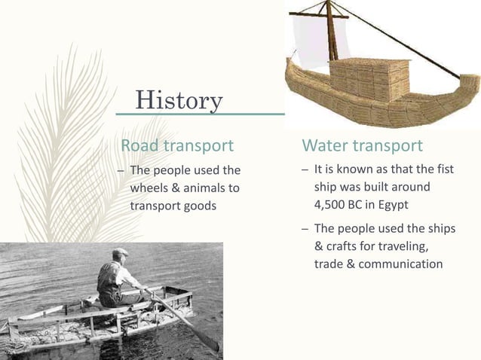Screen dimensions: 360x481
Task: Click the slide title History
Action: pyautogui.click(x=179, y=99)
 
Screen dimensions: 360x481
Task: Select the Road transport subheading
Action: pyautogui.click(x=177, y=145)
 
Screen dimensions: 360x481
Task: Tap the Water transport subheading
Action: pyautogui.click(x=362, y=145)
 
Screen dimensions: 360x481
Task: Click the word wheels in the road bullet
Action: pyautogui.click(x=150, y=187)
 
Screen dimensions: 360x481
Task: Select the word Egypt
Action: pyautogui.click(x=407, y=203)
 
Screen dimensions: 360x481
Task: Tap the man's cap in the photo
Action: pyautogui.click(x=119, y=253)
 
